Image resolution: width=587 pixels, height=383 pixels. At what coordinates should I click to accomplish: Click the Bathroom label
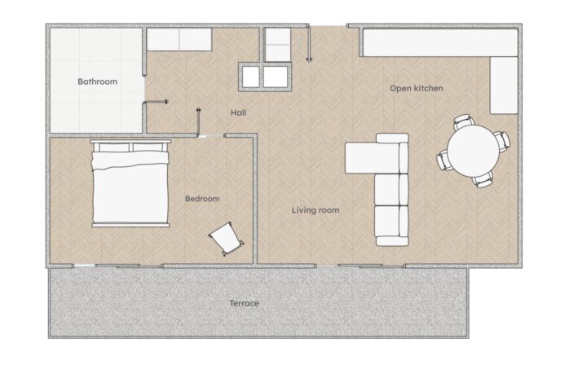pos(97,81)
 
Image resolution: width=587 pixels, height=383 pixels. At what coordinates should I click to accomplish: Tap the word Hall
pos(238,112)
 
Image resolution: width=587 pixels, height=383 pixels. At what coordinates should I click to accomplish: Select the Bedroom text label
pos(202,199)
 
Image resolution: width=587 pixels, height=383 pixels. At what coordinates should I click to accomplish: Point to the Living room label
pos(316,210)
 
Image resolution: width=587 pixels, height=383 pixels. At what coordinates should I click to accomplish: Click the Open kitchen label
pos(417,89)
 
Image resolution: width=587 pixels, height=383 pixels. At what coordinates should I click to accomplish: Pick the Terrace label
pos(244,303)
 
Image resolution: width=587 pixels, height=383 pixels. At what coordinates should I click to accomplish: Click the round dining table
pos(473,151)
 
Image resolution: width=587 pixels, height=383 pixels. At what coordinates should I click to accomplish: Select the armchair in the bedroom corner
pos(226,239)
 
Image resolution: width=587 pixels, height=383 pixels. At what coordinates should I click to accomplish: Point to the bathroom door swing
pos(156,102)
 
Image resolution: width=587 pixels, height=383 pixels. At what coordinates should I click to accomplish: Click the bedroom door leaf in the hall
pos(198,122)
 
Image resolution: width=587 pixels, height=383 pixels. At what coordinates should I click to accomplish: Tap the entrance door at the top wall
pos(309,43)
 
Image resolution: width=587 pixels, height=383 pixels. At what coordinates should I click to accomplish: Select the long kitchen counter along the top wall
pos(440,43)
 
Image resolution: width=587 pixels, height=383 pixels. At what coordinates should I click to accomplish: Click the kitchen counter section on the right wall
pos(504,86)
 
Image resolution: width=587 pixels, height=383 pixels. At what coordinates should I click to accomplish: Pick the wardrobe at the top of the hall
pos(179,40)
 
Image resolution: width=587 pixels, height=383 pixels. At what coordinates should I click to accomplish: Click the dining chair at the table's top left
pos(463,122)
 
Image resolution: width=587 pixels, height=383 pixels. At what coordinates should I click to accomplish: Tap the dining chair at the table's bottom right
pos(483,180)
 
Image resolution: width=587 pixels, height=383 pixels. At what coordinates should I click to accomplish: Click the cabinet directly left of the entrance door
pos(277,45)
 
